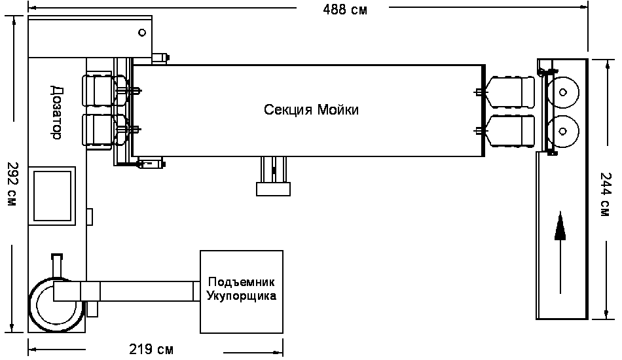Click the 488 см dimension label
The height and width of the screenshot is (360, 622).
point(344,9)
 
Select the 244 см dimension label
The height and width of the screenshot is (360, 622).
point(606,194)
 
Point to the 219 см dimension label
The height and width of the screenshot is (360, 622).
point(151,350)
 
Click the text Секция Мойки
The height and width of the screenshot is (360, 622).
point(311,109)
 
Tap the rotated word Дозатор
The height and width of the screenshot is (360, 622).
point(57,112)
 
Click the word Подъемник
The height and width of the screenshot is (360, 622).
point(241,282)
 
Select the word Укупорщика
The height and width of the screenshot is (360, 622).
point(241,296)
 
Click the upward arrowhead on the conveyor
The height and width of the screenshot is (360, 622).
point(560,226)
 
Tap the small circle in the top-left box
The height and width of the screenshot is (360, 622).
point(142,33)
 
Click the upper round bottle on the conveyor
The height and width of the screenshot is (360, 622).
point(562,93)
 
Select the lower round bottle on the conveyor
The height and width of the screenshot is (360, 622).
point(562,131)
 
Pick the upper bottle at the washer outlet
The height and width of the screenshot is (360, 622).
point(509,92)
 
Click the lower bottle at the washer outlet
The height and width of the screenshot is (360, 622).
point(509,131)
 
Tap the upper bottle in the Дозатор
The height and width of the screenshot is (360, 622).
point(105,91)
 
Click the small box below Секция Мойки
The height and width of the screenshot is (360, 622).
point(273,189)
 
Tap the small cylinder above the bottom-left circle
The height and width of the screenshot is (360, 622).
point(57,266)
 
